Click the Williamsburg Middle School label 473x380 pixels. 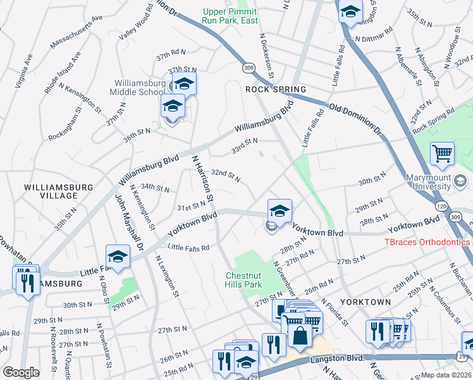[x=140, y=87]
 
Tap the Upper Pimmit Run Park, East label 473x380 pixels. [x=230, y=16]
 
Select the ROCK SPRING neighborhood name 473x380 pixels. [x=275, y=89]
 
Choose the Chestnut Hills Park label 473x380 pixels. [x=253, y=280]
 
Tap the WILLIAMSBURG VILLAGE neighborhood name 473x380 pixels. [x=59, y=192]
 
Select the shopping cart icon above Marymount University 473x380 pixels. [x=442, y=153]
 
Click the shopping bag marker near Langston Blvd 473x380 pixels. [x=300, y=336]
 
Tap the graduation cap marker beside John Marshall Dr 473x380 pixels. [x=118, y=256]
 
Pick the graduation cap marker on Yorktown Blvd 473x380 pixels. [x=279, y=211]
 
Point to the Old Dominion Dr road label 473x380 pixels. [x=355, y=118]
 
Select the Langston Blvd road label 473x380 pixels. [x=337, y=358]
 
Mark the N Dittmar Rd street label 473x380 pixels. [x=376, y=39]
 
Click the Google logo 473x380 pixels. [x=21, y=372]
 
